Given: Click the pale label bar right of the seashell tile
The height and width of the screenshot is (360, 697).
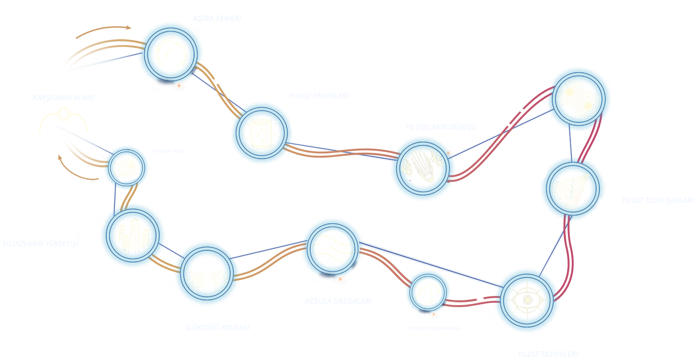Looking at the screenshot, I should (x=657, y=201).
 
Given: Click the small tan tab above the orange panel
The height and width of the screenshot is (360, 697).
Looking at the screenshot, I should (x=103, y=32).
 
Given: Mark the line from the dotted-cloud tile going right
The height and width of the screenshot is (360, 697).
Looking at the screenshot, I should (x=269, y=249).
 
